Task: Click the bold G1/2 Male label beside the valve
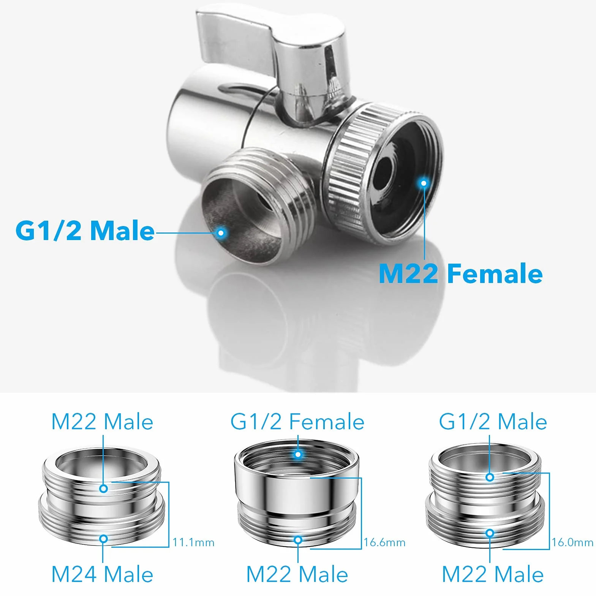point(85,230)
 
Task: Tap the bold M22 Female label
point(461,273)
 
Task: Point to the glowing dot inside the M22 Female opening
point(424,183)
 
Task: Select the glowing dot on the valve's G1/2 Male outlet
point(221,232)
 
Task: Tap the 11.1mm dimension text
point(193,542)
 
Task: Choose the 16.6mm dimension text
point(384,542)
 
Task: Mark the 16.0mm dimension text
point(572,542)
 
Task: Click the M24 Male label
point(102,574)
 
